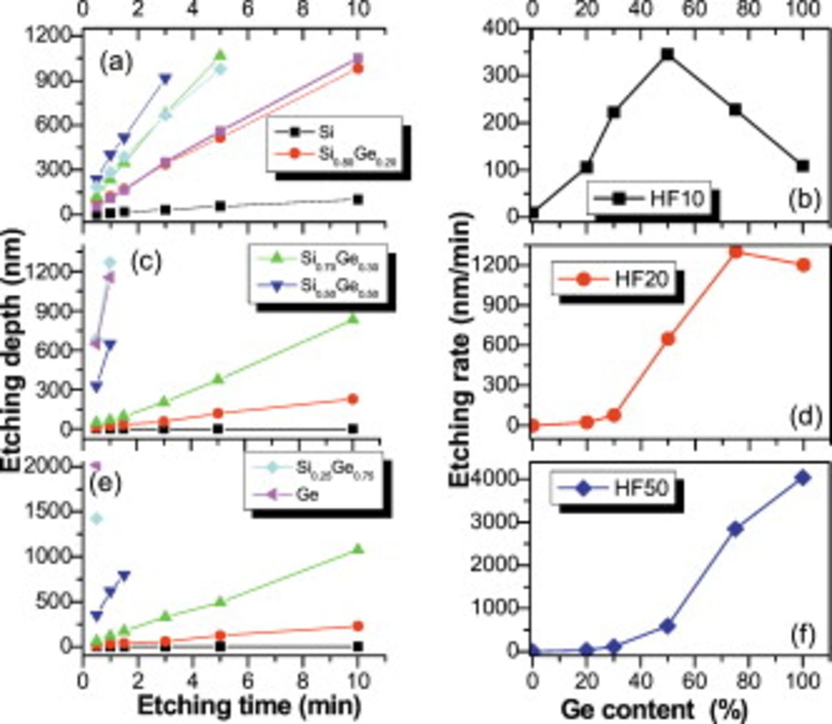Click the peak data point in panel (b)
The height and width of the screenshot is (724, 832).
(667, 54)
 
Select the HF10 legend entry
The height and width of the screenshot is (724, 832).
(650, 198)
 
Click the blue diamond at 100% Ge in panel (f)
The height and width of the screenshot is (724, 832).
(803, 478)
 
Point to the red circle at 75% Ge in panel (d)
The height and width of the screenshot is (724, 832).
(735, 252)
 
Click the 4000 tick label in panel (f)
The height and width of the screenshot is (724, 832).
(502, 479)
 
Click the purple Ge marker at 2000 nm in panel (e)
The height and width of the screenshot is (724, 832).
(96, 465)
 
